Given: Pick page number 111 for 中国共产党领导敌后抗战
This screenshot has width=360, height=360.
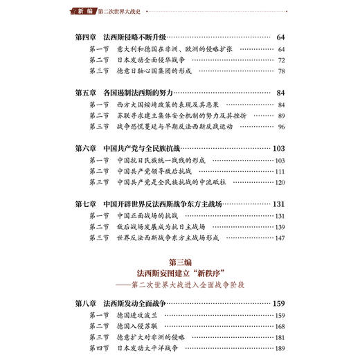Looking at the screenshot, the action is pyautogui.click(x=280, y=171).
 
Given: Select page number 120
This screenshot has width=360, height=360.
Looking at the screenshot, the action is pyautogui.click(x=280, y=182).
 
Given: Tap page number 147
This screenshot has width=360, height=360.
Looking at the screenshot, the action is pyautogui.click(x=280, y=237).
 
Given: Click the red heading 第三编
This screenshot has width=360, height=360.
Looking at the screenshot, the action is pyautogui.click(x=179, y=262).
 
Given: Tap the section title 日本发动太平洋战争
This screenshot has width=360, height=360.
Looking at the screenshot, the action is pyautogui.click(x=152, y=348).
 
